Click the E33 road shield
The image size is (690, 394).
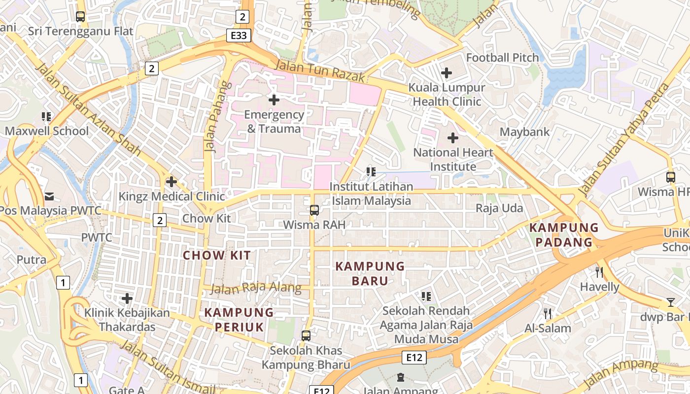click(239, 35)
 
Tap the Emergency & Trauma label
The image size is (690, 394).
click(274, 122)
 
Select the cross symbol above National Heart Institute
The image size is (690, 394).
click(452, 138)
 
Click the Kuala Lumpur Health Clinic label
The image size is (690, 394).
click(447, 95)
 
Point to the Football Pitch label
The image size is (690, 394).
click(502, 58)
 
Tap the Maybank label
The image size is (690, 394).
click(524, 132)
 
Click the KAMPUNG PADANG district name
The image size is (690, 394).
click(564, 235)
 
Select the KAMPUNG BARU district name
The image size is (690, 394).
click(370, 273)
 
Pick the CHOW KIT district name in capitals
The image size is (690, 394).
click(217, 256)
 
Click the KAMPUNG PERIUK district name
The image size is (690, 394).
click(239, 319)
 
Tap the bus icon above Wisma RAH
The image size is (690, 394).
click(314, 210)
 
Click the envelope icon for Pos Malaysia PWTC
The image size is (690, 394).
click(49, 197)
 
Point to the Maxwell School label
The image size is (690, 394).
click(47, 131)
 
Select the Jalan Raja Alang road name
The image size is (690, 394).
click(256, 288)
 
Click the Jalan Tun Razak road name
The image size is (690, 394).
click(320, 71)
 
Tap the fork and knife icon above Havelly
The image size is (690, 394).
click(599, 272)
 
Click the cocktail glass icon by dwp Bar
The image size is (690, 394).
click(670, 302)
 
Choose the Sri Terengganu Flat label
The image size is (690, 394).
click(80, 31)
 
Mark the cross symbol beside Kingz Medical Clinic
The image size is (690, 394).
click(171, 182)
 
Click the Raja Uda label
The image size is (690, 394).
click(499, 208)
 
